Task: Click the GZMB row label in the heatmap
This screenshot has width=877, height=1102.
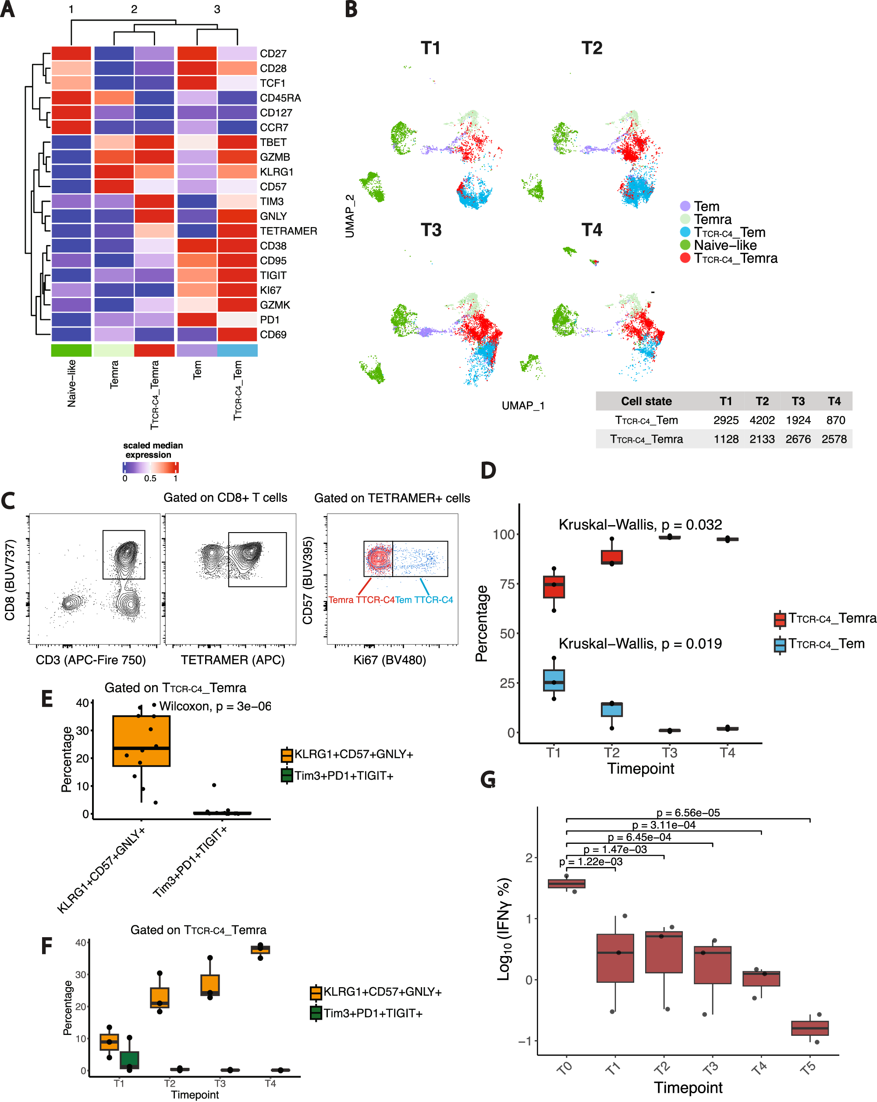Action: pyautogui.click(x=274, y=157)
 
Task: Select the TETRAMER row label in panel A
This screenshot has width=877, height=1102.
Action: pyautogui.click(x=288, y=231)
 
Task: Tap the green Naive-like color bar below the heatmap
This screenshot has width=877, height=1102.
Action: pyautogui.click(x=71, y=350)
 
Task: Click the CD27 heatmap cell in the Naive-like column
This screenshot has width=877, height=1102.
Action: pyautogui.click(x=71, y=53)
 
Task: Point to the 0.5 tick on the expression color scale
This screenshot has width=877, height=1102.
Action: pyautogui.click(x=150, y=478)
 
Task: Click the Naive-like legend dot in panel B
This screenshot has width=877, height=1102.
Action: pyautogui.click(x=685, y=245)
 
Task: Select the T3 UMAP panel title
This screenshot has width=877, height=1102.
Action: pyautogui.click(x=430, y=230)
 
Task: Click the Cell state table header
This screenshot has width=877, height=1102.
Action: pyautogui.click(x=646, y=401)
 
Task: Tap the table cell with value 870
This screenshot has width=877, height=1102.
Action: pyautogui.click(x=835, y=420)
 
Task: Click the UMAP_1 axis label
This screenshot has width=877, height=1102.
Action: pyautogui.click(x=523, y=405)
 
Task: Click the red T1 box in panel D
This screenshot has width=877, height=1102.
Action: pyautogui.click(x=554, y=587)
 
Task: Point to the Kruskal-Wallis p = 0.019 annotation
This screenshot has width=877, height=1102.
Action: pyautogui.click(x=640, y=643)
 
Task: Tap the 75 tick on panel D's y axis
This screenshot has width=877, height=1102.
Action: pyautogui.click(x=507, y=584)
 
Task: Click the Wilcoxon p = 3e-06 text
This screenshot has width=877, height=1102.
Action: pyautogui.click(x=215, y=706)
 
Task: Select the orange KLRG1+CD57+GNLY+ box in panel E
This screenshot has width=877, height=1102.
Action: pyautogui.click(x=141, y=741)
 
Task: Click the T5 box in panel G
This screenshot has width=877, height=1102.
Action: pyautogui.click(x=810, y=1028)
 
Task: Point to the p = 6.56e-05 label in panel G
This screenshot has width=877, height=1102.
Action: pyautogui.click(x=688, y=813)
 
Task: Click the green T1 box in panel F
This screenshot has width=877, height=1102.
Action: pyautogui.click(x=129, y=1060)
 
